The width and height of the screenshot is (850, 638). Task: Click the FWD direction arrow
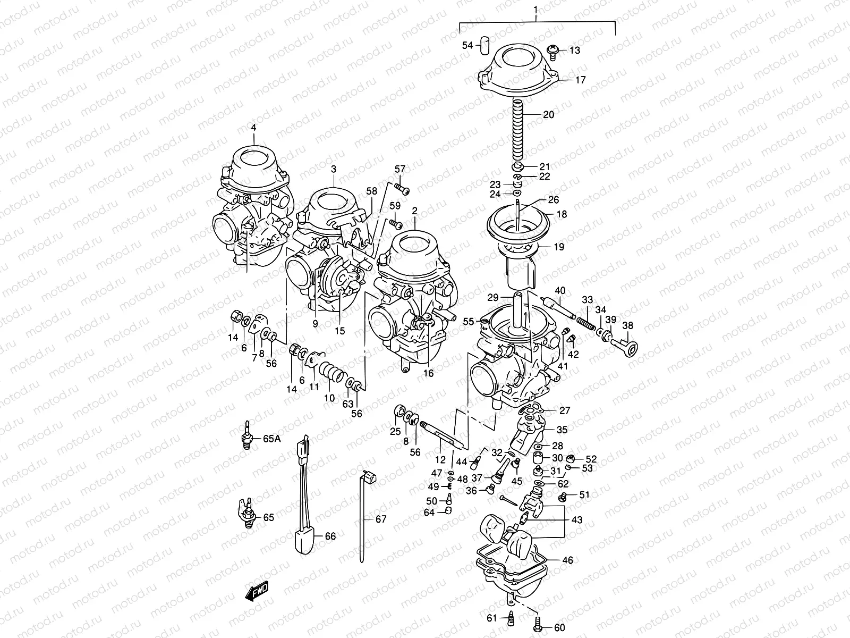tap(257, 591)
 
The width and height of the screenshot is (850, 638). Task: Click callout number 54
tap(467, 46)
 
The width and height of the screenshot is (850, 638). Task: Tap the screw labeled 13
tap(553, 51)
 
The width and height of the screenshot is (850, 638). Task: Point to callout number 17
tap(580, 80)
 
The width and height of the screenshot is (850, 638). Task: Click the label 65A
tap(271, 439)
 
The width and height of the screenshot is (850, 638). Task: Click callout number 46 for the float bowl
tap(567, 560)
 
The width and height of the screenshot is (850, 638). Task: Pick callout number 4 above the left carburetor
tap(254, 128)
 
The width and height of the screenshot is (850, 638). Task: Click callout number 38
tap(628, 326)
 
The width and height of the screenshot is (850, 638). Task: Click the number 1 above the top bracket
tap(536, 10)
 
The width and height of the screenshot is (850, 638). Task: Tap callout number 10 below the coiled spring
tap(329, 398)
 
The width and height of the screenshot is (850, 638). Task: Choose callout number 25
tap(395, 432)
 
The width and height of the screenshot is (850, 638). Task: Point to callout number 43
tap(576, 520)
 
